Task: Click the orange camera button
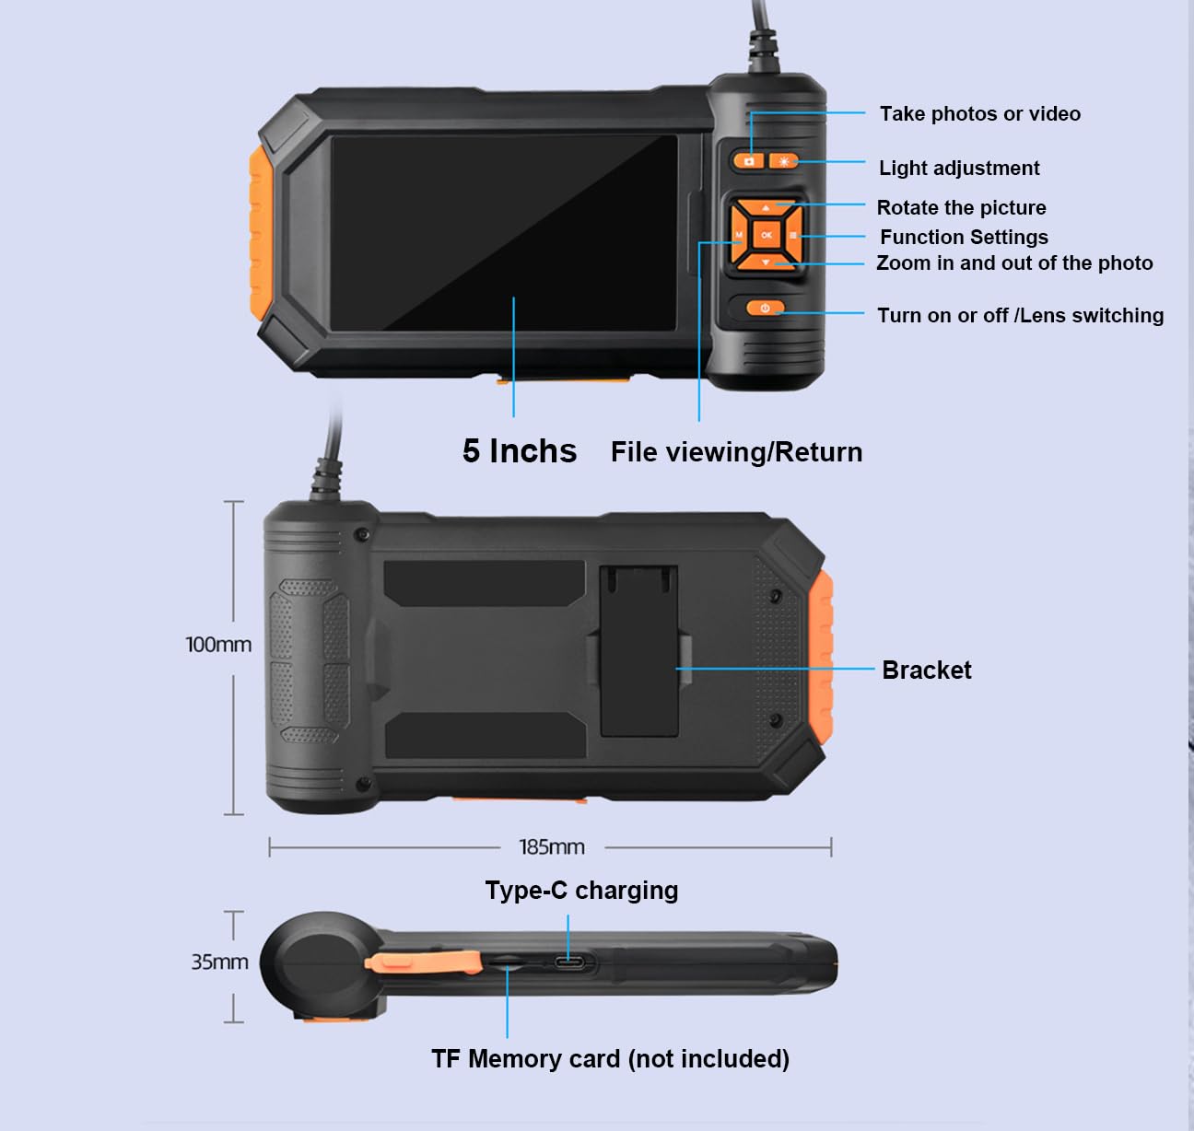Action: coord(749,161)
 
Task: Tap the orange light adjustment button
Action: coord(783,161)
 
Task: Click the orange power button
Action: coord(765,309)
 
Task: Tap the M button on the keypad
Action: coord(739,236)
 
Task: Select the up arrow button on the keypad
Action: coord(766,207)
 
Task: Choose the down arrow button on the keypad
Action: coord(766,262)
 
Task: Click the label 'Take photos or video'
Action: coord(980,113)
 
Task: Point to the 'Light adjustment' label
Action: coord(959,168)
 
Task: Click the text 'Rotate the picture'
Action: coord(962,207)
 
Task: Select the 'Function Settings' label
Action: coord(964,237)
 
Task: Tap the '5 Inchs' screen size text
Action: coord(520,451)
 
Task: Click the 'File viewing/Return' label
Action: coord(736,452)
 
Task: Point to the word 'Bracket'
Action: coord(926,670)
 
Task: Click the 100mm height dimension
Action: coord(218,645)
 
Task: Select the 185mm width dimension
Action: coord(552,847)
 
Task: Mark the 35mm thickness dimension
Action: coord(219,962)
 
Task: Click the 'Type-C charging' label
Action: coord(581,891)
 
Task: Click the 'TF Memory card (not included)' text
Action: coord(611,1059)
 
